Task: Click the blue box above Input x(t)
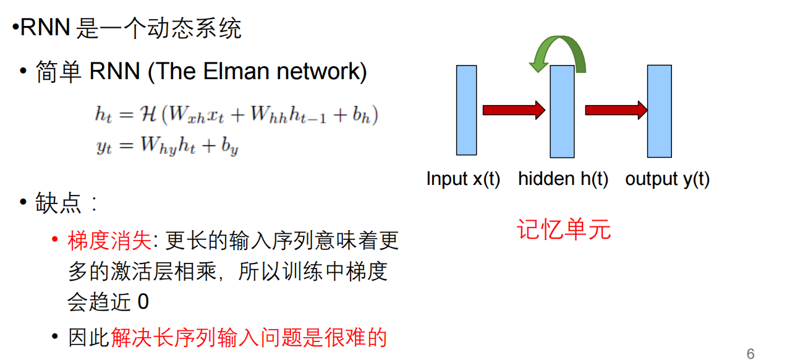(467, 110)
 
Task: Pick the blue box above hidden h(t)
(563, 111)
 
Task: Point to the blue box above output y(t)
(659, 111)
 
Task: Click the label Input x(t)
(463, 179)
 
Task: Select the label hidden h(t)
(563, 179)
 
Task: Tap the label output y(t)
(667, 179)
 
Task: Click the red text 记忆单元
(564, 229)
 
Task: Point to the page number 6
(750, 353)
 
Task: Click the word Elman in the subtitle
(238, 72)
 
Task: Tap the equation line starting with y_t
(167, 147)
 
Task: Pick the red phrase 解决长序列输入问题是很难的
(249, 338)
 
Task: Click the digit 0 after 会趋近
(143, 302)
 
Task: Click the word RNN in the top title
(45, 28)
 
